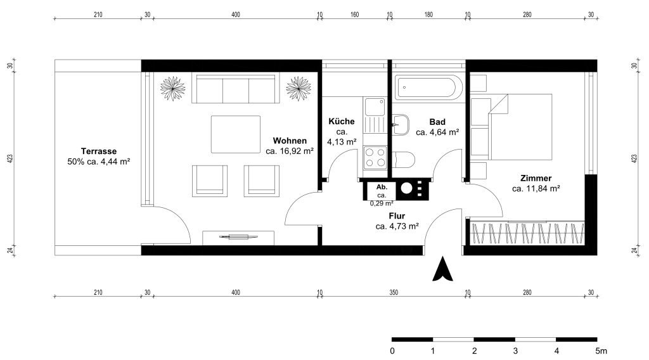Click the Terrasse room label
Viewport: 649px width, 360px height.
pyautogui.click(x=98, y=151)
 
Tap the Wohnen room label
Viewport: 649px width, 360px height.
pyautogui.click(x=290, y=141)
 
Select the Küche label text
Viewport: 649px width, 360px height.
pyautogui.click(x=342, y=121)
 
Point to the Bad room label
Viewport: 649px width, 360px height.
pyautogui.click(x=437, y=122)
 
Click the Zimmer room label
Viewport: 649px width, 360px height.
pyautogui.click(x=536, y=178)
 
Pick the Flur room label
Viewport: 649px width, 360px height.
pyautogui.click(x=397, y=215)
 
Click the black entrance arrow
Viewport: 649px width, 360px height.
pyautogui.click(x=442, y=269)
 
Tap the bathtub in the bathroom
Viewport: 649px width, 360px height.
pyautogui.click(x=427, y=87)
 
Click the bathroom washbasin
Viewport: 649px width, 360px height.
pyautogui.click(x=401, y=125)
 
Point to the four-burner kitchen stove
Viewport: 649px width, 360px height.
pyautogui.click(x=375, y=158)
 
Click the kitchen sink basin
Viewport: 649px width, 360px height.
pyautogui.click(x=375, y=107)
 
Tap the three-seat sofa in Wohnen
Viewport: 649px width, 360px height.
pyautogui.click(x=235, y=89)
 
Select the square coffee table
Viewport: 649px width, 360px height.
pyautogui.click(x=236, y=134)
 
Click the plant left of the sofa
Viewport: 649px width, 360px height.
pyautogui.click(x=172, y=89)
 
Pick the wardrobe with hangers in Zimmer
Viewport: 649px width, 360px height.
pyautogui.click(x=528, y=233)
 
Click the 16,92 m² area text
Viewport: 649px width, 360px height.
pyautogui.click(x=289, y=151)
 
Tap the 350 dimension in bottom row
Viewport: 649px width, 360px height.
pyautogui.click(x=394, y=293)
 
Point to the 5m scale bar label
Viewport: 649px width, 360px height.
pyautogui.click(x=601, y=351)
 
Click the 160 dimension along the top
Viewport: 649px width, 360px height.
pyautogui.click(x=355, y=15)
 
